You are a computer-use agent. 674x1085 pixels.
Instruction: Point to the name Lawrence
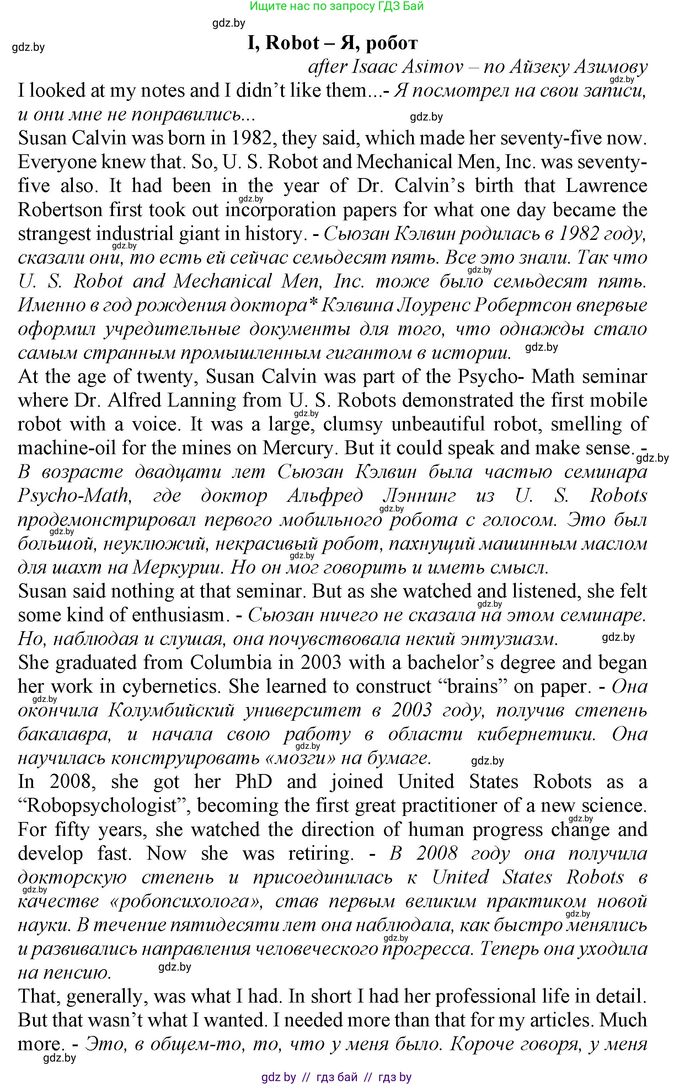point(606,186)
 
